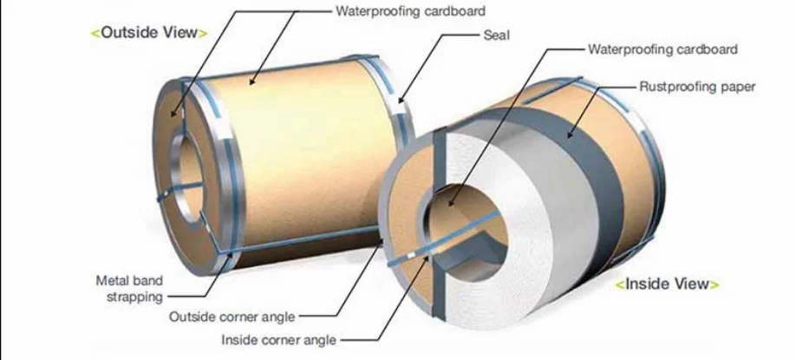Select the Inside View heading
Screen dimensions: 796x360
(667, 284)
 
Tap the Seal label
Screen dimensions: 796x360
(495, 36)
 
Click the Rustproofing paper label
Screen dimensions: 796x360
(698, 86)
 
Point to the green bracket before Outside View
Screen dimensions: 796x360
(95, 33)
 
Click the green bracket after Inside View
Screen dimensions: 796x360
(716, 284)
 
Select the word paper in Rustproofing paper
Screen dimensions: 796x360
(739, 86)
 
